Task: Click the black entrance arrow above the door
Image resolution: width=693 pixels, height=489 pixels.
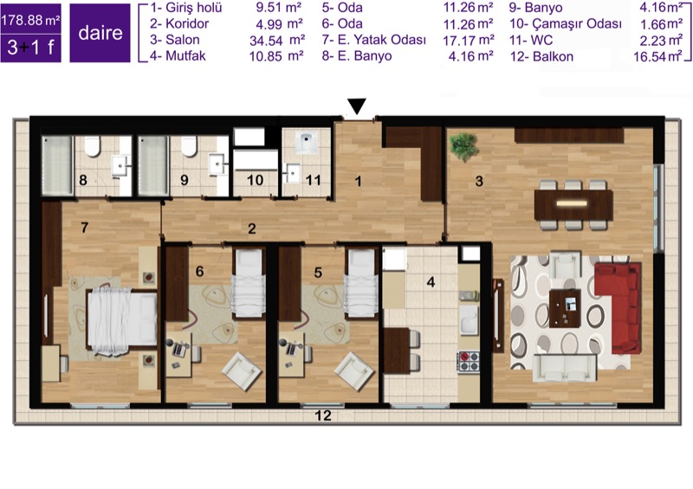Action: coord(357,106)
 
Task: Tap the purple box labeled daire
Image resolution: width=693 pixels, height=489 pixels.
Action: coord(100,33)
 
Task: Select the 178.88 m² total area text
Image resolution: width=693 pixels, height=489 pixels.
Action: coord(31,20)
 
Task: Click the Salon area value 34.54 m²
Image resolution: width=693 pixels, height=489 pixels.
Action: coord(277,40)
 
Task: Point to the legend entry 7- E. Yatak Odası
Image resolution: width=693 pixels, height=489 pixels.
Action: coord(374,40)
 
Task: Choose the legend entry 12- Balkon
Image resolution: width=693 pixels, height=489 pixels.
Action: coord(541,56)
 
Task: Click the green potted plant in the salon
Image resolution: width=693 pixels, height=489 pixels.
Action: coord(464,146)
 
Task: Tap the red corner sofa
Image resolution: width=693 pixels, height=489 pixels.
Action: coord(619,307)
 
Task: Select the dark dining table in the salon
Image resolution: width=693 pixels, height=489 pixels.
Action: coord(573,204)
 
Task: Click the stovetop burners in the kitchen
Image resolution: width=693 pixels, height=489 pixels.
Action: coord(469,362)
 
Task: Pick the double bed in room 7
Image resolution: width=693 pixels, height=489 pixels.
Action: coord(122,321)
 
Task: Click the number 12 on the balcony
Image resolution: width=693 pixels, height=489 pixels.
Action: coord(323,415)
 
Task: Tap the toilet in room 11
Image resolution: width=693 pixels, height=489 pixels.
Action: coord(305,142)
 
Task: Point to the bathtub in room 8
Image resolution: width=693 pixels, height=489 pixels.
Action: coord(57,165)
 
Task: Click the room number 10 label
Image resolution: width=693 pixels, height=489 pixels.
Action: coord(255,180)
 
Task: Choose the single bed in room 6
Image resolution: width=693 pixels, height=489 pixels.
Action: coord(248,283)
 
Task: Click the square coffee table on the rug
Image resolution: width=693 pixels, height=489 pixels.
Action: coord(565,308)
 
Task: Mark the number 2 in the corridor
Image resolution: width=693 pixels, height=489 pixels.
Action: coord(252,228)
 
